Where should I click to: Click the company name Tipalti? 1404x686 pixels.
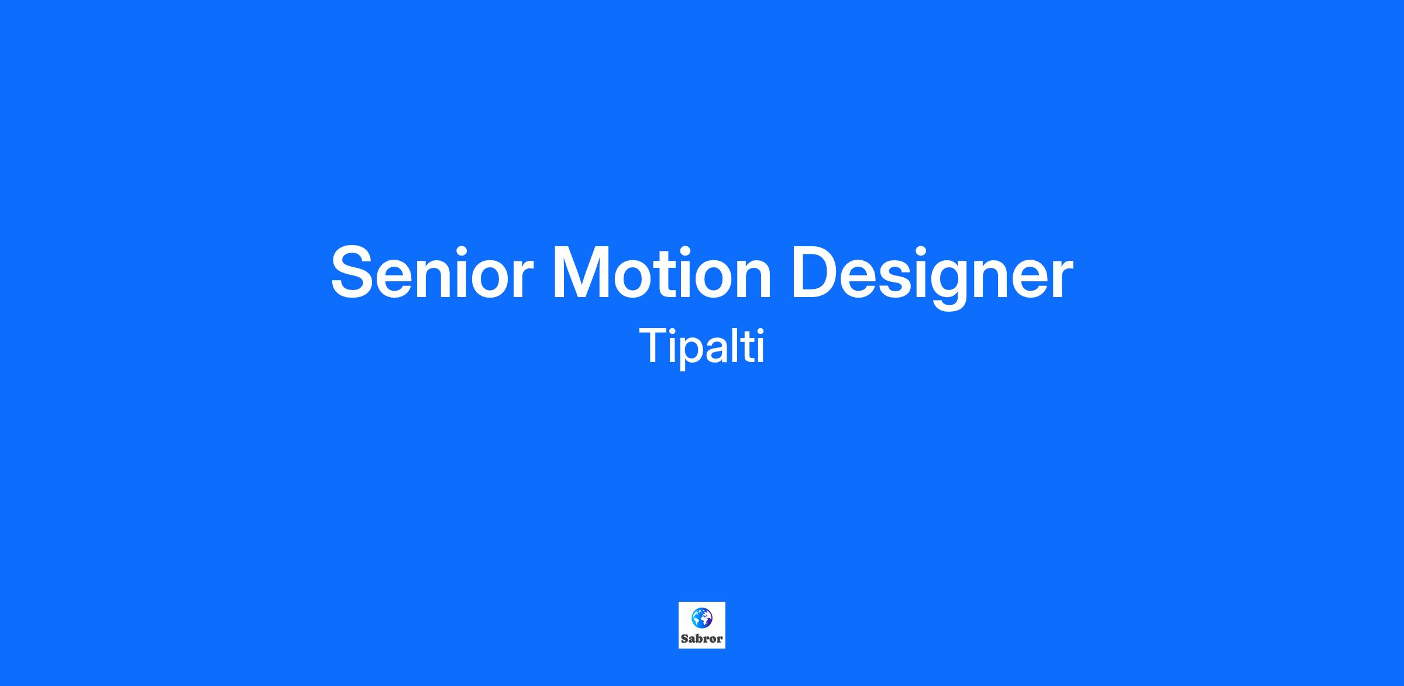point(702,347)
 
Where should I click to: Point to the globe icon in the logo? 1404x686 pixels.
point(701,618)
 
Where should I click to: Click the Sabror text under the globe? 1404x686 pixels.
point(702,639)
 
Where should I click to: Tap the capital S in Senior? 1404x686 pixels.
point(354,273)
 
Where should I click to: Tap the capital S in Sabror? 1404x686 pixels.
point(684,639)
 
